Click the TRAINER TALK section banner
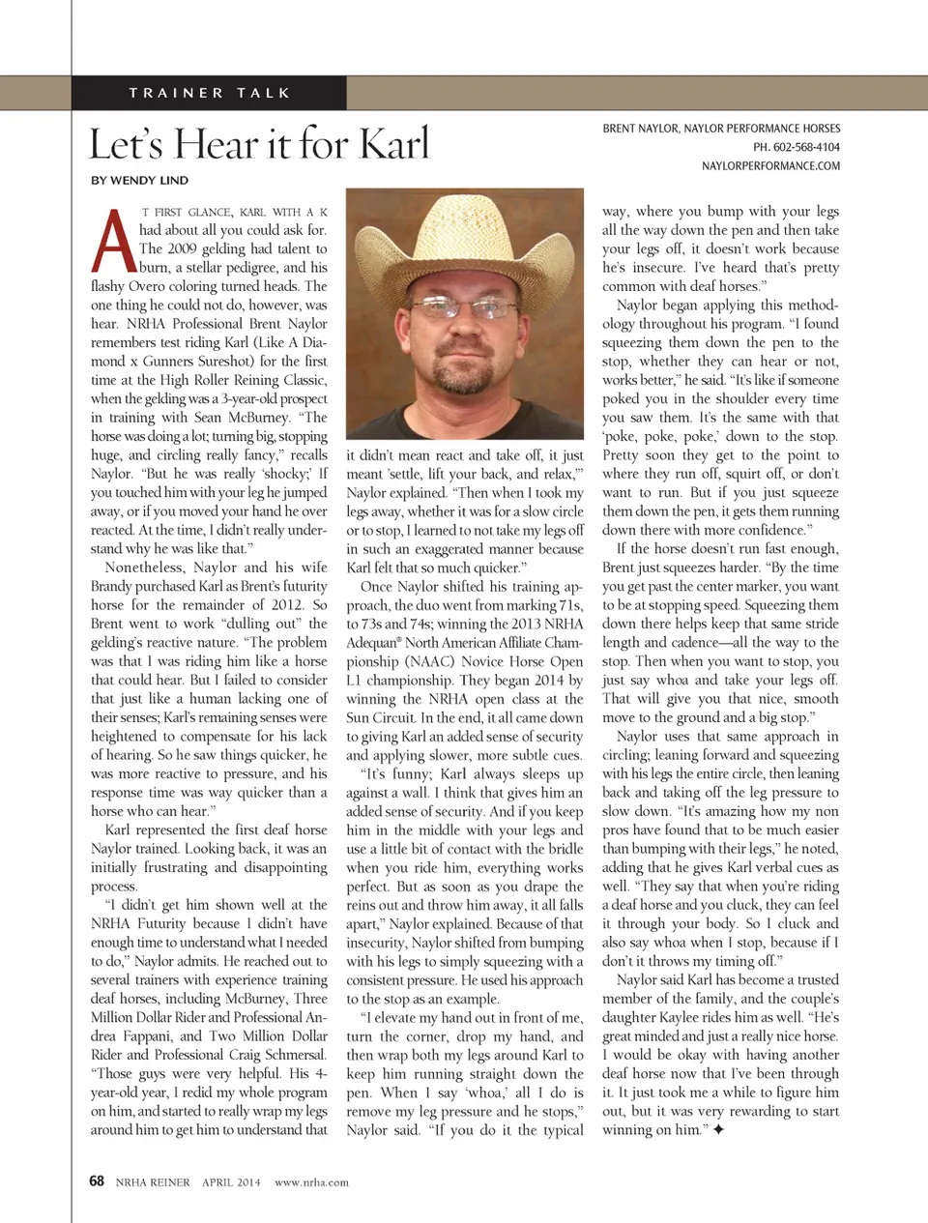point(210,93)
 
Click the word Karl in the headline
point(393,145)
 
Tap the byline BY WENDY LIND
point(140,181)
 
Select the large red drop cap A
point(112,241)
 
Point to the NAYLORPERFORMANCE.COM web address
point(770,166)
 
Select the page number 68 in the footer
point(97,1181)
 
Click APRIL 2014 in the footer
point(231,1182)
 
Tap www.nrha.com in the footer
point(311,1182)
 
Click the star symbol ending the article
point(718,1129)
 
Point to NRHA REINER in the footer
point(153,1182)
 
